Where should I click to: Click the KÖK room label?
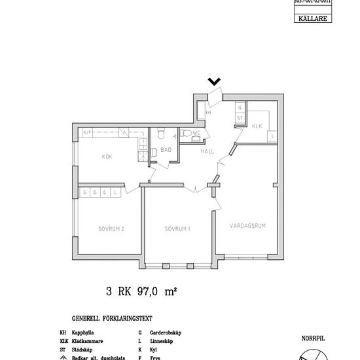coord(107,156)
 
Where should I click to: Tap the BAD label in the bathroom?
coord(166,150)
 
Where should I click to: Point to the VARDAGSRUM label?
coord(247,226)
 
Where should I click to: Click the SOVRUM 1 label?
coord(177,229)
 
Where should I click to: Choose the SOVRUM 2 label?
coord(111,229)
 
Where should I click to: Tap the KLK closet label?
coord(257,126)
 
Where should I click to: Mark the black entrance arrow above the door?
coord(214,82)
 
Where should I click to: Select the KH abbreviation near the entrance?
coord(209,113)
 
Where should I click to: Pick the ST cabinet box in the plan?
coord(240,118)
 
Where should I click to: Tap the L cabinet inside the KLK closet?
coord(272,135)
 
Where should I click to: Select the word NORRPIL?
coord(312,339)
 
